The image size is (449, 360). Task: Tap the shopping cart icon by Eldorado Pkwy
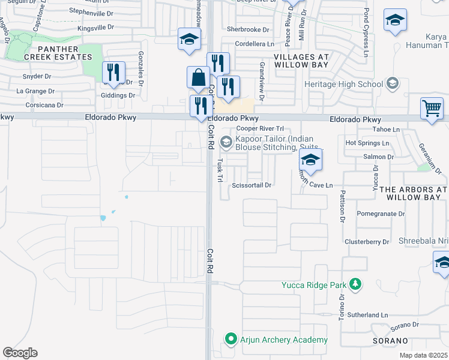tap(432, 109)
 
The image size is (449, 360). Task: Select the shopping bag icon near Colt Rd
tap(198, 77)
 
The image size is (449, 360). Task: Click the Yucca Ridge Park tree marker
tap(356, 284)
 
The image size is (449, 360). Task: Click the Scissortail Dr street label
tap(252, 185)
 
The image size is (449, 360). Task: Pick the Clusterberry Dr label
tap(367, 242)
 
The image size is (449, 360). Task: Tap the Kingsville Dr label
tap(91, 28)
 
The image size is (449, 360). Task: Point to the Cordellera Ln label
tap(254, 44)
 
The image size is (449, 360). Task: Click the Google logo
tap(20, 353)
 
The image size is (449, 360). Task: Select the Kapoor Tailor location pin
tap(226, 142)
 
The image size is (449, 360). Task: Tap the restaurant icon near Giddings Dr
tap(113, 73)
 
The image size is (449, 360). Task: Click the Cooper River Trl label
tap(259, 129)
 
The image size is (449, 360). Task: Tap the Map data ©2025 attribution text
tap(423, 355)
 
